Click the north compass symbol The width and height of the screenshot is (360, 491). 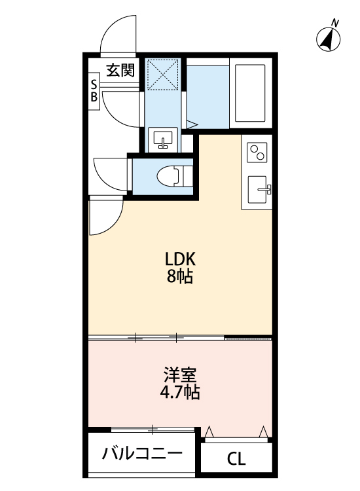pyautogui.click(x=329, y=41)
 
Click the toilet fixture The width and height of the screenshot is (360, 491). pyautogui.click(x=171, y=175)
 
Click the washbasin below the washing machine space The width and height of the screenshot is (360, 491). pyautogui.click(x=162, y=139)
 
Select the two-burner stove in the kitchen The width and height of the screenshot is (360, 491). pyautogui.click(x=257, y=153)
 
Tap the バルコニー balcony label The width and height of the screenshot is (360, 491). pyautogui.click(x=142, y=454)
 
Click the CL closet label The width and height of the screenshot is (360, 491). pyautogui.click(x=236, y=459)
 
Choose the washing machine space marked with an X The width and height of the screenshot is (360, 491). pyautogui.click(x=164, y=74)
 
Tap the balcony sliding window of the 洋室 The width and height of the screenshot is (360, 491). pyautogui.click(x=153, y=429)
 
